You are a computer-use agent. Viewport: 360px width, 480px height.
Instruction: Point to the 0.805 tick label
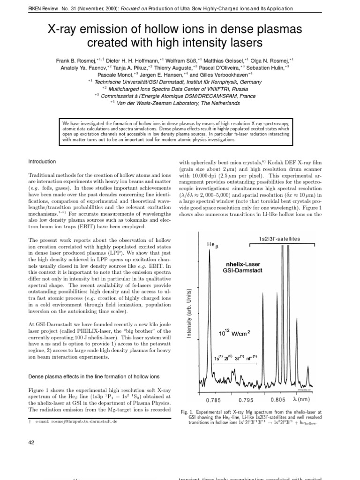point(278,400)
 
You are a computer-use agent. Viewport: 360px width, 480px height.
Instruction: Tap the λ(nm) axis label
point(301,400)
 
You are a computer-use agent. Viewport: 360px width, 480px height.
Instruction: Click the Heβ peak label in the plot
point(212,245)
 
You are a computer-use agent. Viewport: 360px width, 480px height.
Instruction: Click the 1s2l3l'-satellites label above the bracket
point(279,239)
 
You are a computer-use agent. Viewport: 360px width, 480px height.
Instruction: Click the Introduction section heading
point(42,162)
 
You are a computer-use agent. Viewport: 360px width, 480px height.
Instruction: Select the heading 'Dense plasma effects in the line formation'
point(94,376)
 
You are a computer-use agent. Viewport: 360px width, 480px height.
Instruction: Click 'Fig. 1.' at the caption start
point(188,412)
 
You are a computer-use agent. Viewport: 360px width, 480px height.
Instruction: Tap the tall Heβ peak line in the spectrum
point(208,305)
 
